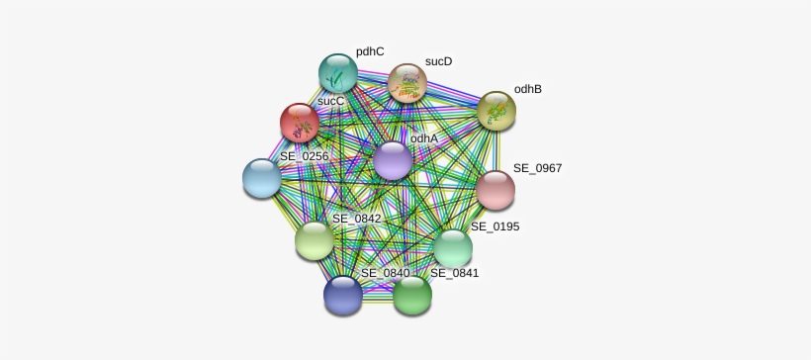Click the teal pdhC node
tap(337, 72)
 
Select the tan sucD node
tap(406, 83)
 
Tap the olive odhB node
tap(496, 111)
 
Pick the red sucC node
tap(299, 123)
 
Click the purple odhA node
tap(393, 160)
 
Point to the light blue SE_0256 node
tap(262, 178)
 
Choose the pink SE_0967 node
tap(495, 190)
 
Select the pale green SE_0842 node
tap(315, 240)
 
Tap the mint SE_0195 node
tap(453, 248)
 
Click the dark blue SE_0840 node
tap(343, 294)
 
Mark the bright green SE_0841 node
tap(412, 294)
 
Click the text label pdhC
tap(370, 51)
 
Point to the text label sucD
tap(438, 61)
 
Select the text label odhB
tap(528, 89)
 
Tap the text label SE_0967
tap(537, 168)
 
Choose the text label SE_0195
tap(495, 226)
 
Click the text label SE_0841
tap(454, 273)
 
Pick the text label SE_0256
tap(304, 156)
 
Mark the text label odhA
tap(424, 139)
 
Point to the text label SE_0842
tap(356, 219)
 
